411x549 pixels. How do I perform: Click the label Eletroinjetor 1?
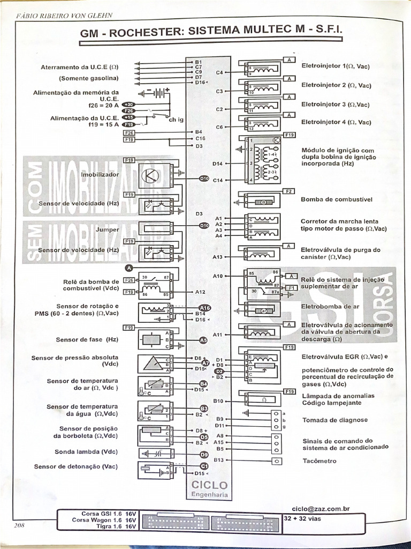tap(335, 66)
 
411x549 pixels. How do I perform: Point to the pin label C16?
tap(200, 138)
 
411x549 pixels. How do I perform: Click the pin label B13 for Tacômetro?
tap(218, 459)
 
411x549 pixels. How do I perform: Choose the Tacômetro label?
tap(319, 461)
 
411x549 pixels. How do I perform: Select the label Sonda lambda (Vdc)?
tap(86, 451)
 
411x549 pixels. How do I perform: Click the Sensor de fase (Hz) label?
tap(87, 339)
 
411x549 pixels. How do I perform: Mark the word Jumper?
tap(107, 229)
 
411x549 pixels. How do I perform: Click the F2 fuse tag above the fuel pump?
tap(289, 191)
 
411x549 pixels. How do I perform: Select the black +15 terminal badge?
tap(129, 117)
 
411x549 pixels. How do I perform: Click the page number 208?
tap(20, 525)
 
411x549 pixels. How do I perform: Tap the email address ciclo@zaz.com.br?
tap(321, 508)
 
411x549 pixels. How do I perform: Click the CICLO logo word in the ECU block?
tap(209, 485)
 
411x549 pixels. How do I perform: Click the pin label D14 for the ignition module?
tap(217, 163)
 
